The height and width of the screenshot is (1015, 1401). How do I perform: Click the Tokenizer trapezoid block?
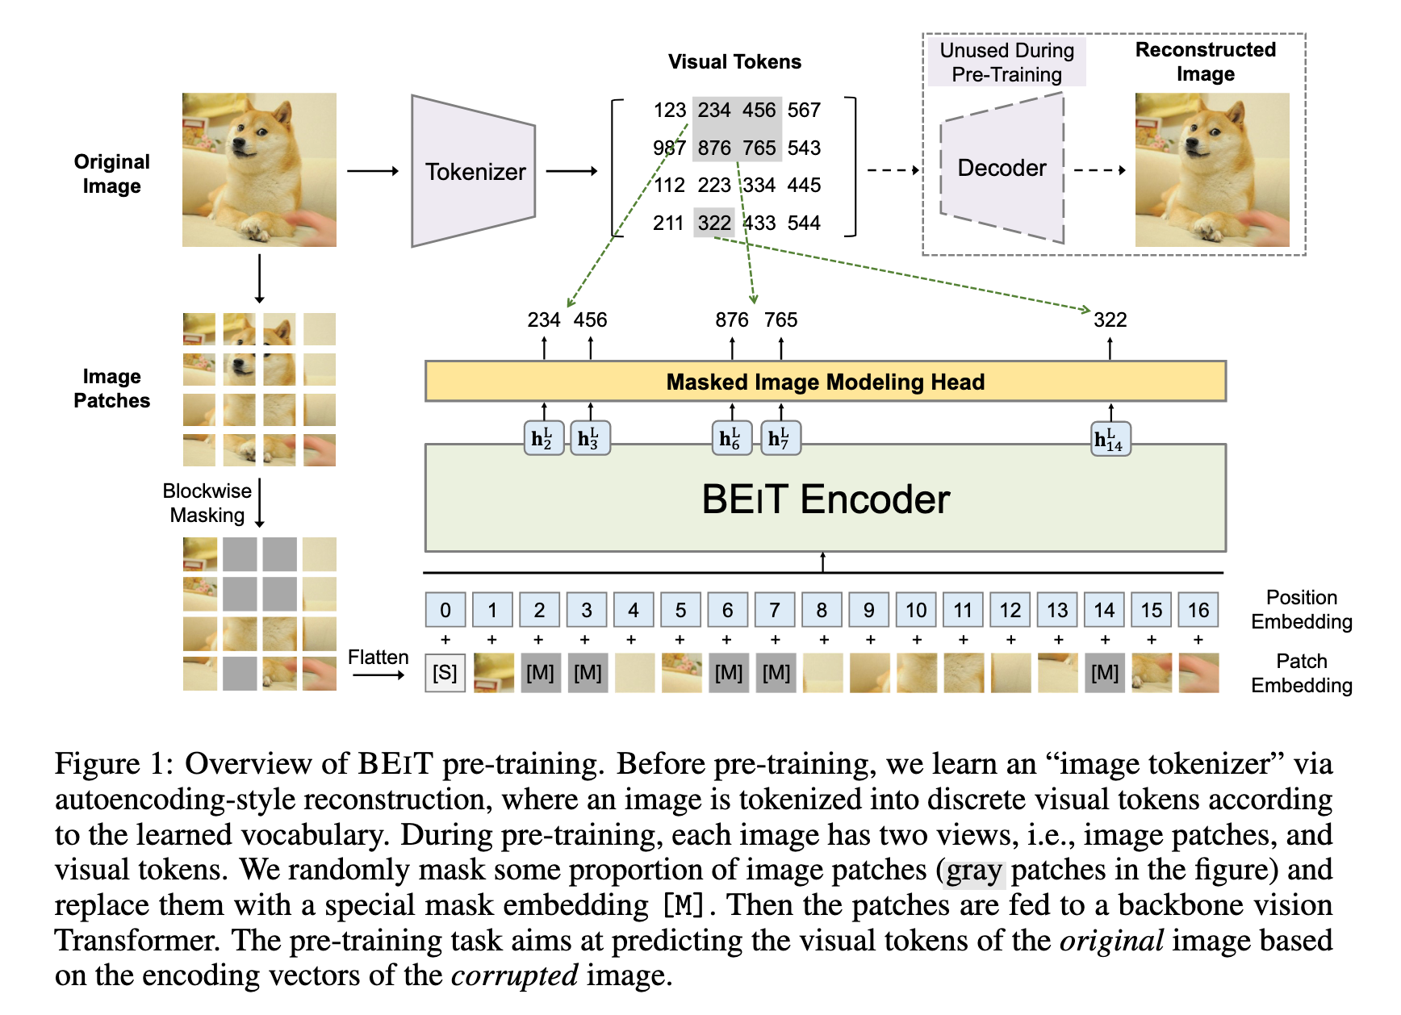tap(474, 171)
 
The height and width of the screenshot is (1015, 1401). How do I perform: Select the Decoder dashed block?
tap(1002, 168)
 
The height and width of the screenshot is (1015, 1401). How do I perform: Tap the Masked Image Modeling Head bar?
tap(825, 382)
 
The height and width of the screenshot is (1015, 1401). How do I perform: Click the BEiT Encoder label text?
tap(826, 499)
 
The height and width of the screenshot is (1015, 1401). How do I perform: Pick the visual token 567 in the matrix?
tap(804, 110)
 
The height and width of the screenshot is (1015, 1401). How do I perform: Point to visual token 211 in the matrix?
tap(668, 223)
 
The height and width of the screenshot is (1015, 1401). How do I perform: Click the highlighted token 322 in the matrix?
tap(714, 223)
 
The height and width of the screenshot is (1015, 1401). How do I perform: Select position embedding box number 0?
tap(445, 610)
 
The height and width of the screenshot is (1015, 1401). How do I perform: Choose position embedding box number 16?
tap(1198, 610)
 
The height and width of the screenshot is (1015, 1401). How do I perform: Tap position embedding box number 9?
tap(869, 610)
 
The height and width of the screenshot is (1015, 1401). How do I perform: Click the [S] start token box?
tap(445, 673)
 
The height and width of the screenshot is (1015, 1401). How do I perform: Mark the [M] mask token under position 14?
tap(1105, 673)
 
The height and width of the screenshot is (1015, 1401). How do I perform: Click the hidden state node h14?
tap(1110, 439)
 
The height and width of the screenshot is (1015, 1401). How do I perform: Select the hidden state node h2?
tap(543, 438)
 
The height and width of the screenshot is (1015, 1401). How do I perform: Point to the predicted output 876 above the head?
tap(732, 320)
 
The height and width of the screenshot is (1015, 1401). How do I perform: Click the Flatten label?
tap(378, 658)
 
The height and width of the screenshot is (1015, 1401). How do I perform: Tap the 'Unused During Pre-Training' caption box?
tap(1007, 62)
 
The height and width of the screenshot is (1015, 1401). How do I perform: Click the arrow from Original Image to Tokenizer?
tap(373, 171)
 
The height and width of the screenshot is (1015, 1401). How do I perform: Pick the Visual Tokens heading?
tap(734, 62)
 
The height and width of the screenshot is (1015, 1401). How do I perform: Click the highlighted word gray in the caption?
tap(974, 871)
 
